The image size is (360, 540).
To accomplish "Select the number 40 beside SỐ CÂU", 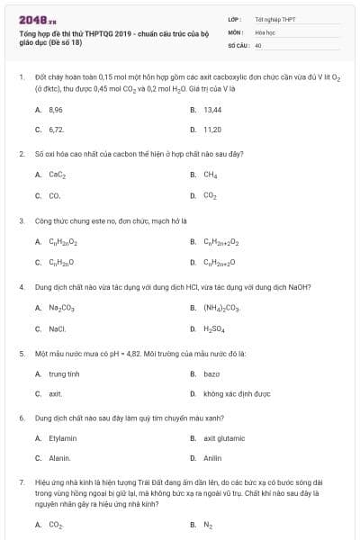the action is coord(258,44).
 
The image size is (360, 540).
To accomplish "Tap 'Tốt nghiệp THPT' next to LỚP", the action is coord(274,18).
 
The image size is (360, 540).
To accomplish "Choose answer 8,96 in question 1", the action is coord(56,109).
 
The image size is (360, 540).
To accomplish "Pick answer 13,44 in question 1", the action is coord(213,109).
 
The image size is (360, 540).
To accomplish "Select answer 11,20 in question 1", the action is coord(212,129).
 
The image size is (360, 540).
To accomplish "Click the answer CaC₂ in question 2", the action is coord(58,175).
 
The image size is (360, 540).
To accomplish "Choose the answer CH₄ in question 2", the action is coord(211,175).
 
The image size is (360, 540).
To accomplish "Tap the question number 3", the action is coord(22,220).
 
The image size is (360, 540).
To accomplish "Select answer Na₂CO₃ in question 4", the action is coord(62,308).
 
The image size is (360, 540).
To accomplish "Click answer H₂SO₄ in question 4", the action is coord(214,328).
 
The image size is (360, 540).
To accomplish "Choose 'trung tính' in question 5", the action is coord(64,373).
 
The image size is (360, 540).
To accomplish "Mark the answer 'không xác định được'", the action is coord(237,394).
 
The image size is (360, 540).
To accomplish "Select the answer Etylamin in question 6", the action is coord(63,438).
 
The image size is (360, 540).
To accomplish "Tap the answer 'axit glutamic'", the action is coord(224,438).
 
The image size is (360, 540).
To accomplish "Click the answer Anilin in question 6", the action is coord(213,458).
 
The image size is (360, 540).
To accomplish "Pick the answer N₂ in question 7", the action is coord(208,524).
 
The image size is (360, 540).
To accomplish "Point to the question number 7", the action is coord(22,482).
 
